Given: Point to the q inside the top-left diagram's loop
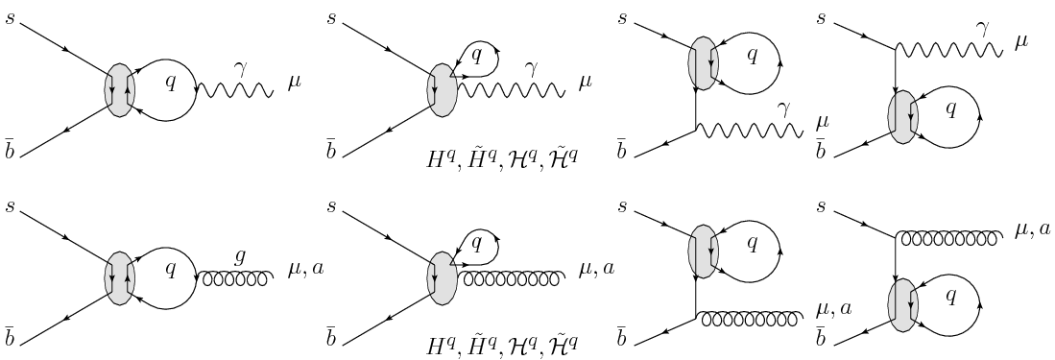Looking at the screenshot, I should coord(171,83).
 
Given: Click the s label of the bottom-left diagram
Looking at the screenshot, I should coord(11,203).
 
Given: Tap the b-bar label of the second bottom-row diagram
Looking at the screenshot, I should coord(331,335).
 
